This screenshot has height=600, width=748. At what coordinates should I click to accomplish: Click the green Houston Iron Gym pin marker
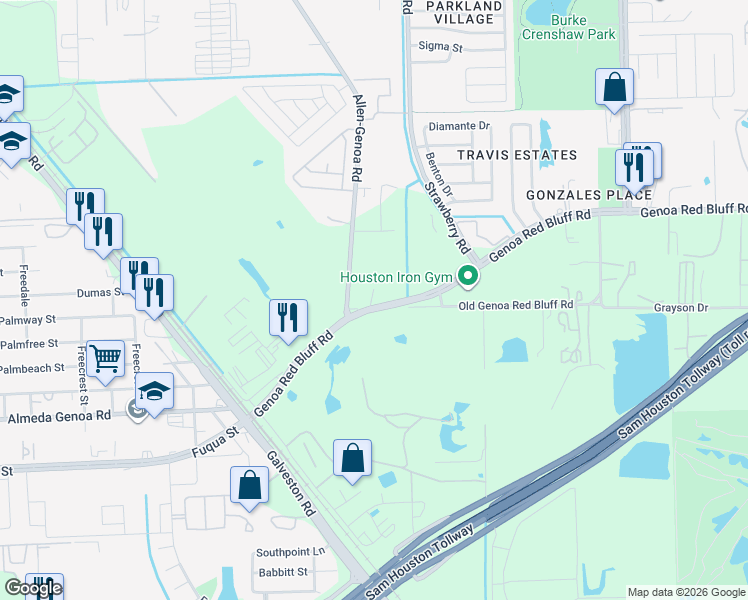click(467, 276)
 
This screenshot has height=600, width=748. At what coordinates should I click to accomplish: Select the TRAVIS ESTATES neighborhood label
click(517, 155)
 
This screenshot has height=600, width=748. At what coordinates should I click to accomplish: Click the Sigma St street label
click(441, 47)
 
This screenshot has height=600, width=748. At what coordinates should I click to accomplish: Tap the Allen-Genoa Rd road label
click(357, 138)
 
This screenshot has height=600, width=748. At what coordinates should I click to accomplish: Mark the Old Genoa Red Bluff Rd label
click(516, 305)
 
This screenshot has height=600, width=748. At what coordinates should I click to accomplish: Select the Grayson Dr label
click(681, 309)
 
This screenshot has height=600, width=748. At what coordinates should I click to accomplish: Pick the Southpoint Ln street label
click(291, 552)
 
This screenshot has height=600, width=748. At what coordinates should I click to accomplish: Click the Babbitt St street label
click(281, 573)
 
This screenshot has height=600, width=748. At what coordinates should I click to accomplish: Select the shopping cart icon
click(105, 356)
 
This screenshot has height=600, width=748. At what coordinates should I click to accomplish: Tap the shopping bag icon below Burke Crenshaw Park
click(614, 88)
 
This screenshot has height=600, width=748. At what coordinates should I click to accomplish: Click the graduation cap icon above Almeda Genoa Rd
click(154, 391)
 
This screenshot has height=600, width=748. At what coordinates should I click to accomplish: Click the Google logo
click(33, 588)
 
